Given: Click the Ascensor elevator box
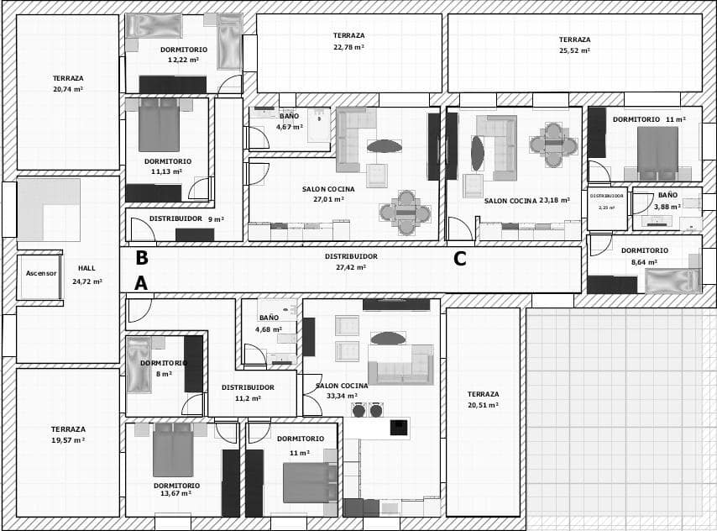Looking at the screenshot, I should tap(40, 274).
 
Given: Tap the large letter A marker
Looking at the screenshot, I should tap(141, 284).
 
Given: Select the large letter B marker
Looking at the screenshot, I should tap(142, 258).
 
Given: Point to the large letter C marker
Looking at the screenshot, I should tap(459, 260).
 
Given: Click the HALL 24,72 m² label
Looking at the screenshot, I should tap(86, 275).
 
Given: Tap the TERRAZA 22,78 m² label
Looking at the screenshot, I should tap(348, 41).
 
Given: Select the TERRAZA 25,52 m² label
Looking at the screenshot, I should tap(574, 45).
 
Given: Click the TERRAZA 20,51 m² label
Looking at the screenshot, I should tap(483, 399).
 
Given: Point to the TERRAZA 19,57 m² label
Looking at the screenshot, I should tap(68, 434).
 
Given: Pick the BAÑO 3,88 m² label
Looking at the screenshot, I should tap(667, 201).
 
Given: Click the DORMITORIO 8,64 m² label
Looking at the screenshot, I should tap(645, 255).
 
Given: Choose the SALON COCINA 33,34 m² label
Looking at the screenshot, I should tap(341, 391).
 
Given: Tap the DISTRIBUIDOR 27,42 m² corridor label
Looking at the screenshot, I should tap(351, 261).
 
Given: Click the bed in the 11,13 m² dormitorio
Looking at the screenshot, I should tap(159, 126).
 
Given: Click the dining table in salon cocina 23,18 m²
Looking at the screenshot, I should tap(553, 144).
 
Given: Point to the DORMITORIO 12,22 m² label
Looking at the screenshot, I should tap(184, 55).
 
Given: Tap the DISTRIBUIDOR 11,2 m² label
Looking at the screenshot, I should tap(248, 392).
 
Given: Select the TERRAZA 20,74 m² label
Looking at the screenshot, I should tap(68, 83).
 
